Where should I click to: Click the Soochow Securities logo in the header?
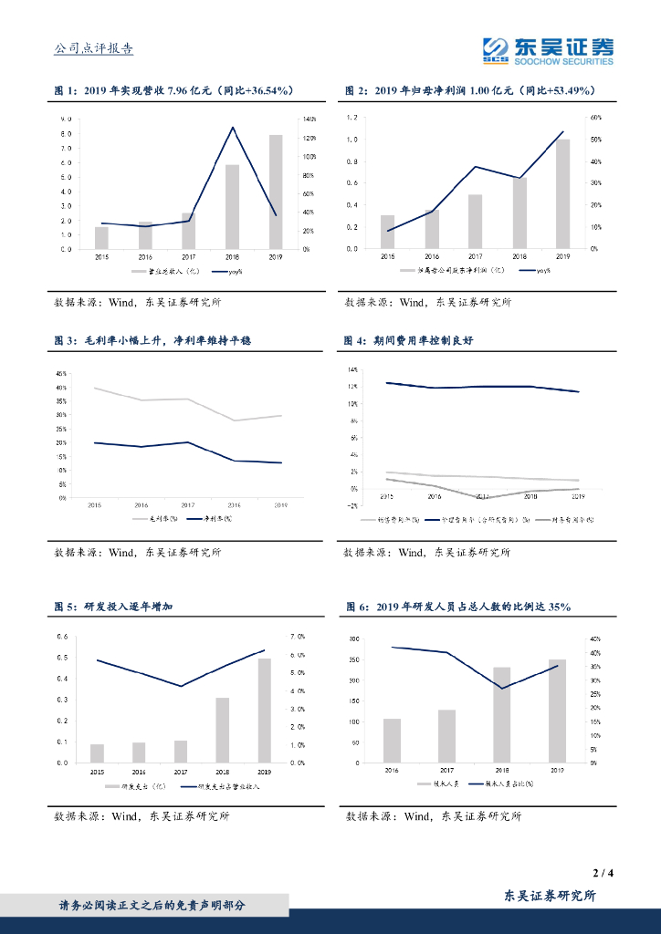click(x=548, y=50)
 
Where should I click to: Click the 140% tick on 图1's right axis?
click(x=310, y=119)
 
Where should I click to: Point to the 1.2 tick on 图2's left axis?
click(x=352, y=118)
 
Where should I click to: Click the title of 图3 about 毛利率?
click(x=152, y=340)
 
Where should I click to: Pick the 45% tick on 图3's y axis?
click(x=60, y=374)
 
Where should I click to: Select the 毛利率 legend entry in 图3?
click(x=152, y=519)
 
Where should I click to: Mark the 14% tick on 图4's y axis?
click(x=351, y=370)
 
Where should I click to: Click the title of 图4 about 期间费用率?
click(x=409, y=340)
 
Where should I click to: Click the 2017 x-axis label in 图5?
click(x=181, y=772)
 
